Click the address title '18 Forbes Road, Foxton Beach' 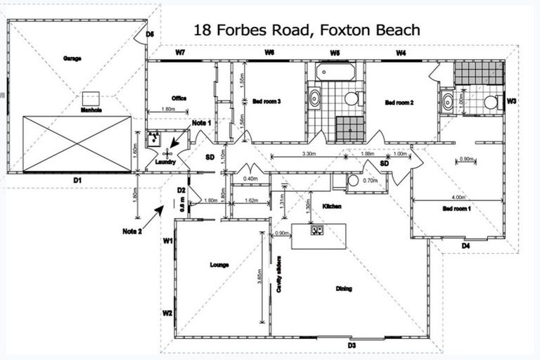307,30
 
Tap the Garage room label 71,58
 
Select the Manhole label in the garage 92,110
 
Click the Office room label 179,98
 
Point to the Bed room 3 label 266,102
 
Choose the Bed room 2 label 399,103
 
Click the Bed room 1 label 457,210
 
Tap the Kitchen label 332,206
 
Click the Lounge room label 219,265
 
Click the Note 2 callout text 131,231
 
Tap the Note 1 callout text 202,123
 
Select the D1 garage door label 78,181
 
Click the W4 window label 401,53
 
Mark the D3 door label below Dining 352,345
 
